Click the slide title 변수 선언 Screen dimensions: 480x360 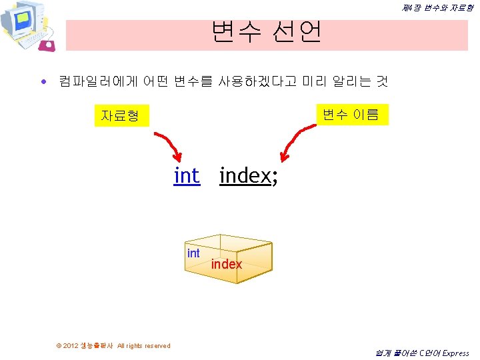pos(266,32)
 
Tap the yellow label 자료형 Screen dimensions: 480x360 pos(122,115)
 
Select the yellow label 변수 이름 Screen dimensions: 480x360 pos(353,115)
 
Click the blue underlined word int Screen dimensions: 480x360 pos(187,176)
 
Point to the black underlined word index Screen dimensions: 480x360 pos(245,176)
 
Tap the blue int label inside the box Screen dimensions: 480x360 pos(193,253)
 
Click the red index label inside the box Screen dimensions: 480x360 pos(227,264)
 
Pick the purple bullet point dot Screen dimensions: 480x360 pos(44,81)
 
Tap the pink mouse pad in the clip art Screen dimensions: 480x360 pos(47,45)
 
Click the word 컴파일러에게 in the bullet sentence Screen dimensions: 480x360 pos(98,81)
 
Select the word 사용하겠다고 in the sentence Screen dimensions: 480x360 pos(257,81)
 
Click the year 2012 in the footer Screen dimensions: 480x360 pos(71,345)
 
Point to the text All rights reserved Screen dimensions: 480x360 pos(143,345)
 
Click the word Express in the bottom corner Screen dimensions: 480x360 pos(455,353)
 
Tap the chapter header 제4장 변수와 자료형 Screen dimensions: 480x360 pos(437,8)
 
